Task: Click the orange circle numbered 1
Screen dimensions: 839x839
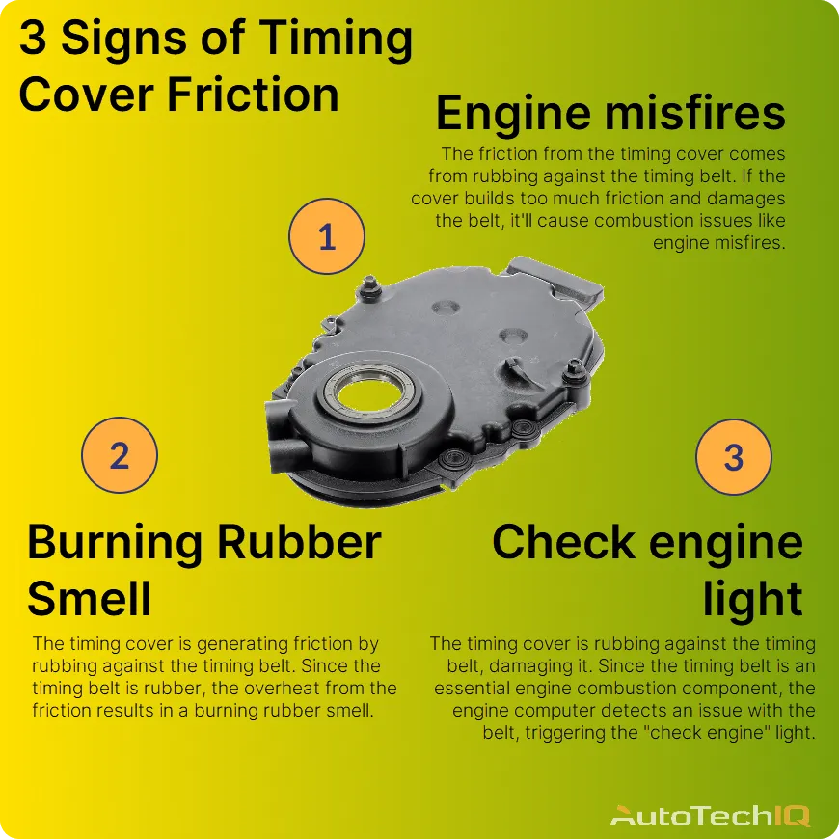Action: [327, 237]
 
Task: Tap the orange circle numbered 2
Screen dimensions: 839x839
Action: [119, 456]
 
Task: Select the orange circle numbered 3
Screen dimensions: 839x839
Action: [734, 456]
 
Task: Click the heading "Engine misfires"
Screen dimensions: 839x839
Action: [610, 114]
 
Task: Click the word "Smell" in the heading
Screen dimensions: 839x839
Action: [89, 599]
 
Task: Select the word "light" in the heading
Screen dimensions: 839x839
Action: [752, 599]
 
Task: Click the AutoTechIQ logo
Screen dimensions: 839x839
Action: [710, 816]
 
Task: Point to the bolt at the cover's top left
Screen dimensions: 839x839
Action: [368, 286]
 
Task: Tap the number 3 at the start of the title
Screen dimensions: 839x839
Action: [32, 39]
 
